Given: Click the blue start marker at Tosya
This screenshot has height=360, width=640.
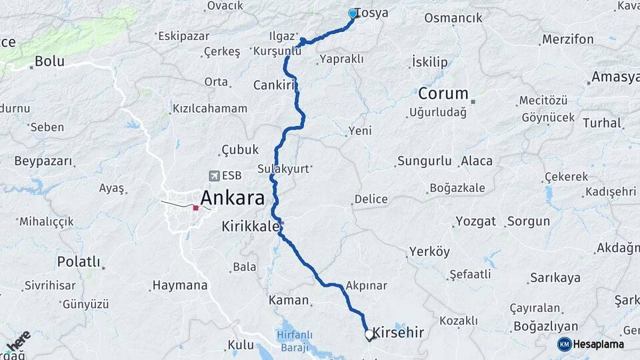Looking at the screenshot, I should (x=353, y=13).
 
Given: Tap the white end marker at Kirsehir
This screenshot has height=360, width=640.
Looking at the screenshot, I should (x=369, y=334).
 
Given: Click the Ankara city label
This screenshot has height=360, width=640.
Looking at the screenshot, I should (x=232, y=197).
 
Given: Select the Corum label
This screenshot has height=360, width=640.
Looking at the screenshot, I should (x=443, y=93).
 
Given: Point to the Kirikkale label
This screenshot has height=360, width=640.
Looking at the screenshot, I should (x=250, y=227).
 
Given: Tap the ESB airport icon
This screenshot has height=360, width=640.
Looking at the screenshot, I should (x=214, y=176).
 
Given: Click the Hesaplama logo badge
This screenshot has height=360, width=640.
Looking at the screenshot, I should (x=565, y=344).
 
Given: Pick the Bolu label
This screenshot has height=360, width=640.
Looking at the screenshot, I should (x=49, y=61).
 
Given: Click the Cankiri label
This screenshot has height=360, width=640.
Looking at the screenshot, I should (x=274, y=85).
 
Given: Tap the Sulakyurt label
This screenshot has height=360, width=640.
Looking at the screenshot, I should (x=283, y=169).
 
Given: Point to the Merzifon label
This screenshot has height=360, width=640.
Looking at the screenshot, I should (x=567, y=39).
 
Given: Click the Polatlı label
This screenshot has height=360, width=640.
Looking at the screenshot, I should (x=78, y=261).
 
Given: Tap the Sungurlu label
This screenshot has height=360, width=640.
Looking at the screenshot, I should (x=425, y=161).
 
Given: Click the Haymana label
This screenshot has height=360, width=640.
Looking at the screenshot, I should (x=180, y=285).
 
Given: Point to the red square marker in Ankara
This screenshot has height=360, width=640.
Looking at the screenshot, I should (x=195, y=208).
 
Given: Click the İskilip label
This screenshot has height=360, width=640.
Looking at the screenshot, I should (x=430, y=62).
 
